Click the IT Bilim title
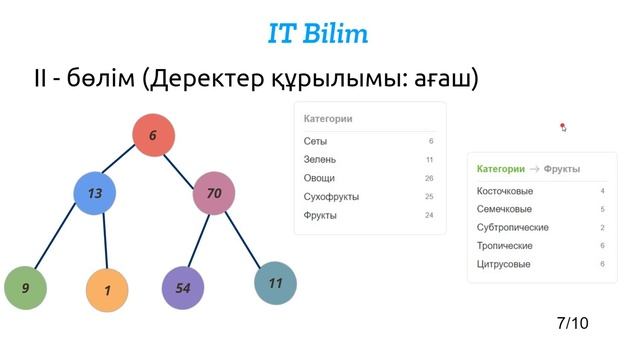(x=318, y=33)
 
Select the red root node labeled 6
(x=153, y=136)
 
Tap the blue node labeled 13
(x=95, y=193)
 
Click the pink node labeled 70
(x=214, y=193)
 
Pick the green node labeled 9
(x=25, y=288)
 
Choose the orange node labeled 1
(x=106, y=290)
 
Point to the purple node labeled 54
(x=183, y=288)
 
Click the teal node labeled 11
(x=275, y=283)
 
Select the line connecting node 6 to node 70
(x=184, y=165)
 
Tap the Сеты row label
(x=315, y=141)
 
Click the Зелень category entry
(x=320, y=159)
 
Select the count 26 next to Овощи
(x=428, y=178)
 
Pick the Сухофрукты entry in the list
(x=331, y=197)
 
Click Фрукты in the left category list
(x=320, y=215)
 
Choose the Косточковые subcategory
(x=505, y=191)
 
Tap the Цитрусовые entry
(x=504, y=264)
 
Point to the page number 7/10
(x=572, y=323)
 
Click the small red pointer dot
(x=563, y=127)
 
